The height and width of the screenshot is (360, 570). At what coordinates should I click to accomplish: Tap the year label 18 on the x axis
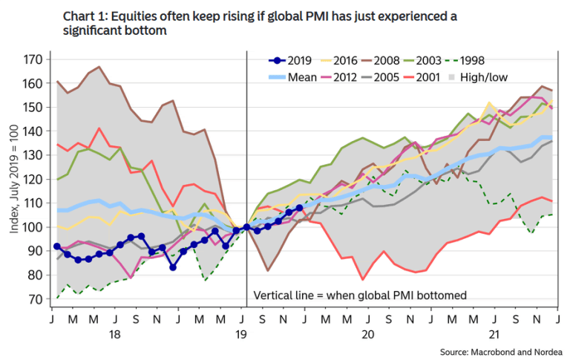115,334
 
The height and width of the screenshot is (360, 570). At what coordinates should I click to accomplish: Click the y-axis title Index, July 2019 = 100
14,180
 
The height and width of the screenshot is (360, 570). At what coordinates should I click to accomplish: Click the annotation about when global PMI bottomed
360,295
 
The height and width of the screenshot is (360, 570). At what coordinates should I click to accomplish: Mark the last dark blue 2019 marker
299,208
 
